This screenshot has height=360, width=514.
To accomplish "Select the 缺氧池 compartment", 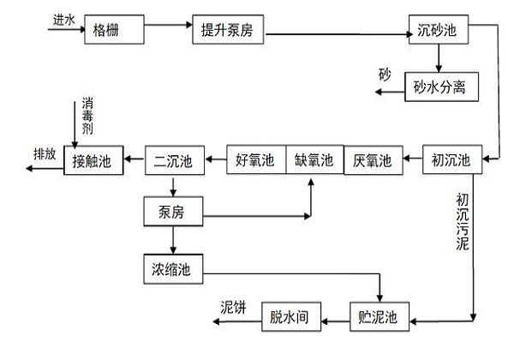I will (x=314, y=159).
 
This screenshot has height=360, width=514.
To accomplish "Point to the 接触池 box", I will (x=93, y=159).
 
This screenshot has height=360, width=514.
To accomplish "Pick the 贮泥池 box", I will (x=378, y=316).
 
